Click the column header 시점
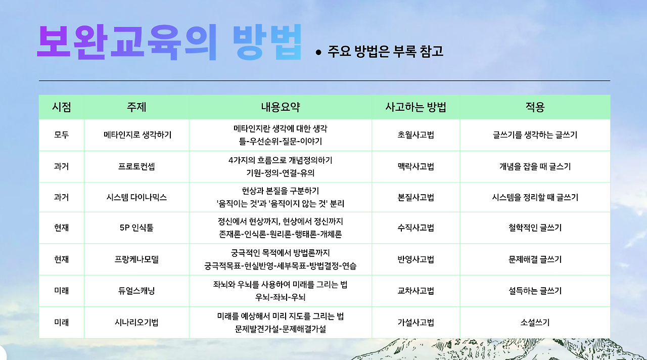61,107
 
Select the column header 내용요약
281,107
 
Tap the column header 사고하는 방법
415,107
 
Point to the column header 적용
535,107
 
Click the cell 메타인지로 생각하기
137,135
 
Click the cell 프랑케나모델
136,259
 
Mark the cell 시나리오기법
136,322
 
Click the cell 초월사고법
415,135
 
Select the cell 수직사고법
415,228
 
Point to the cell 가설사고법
415,322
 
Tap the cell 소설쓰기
535,322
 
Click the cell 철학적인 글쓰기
535,228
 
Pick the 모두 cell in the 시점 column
61,135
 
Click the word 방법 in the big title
267,41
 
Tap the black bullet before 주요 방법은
318,52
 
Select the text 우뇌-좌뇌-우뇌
281,297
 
